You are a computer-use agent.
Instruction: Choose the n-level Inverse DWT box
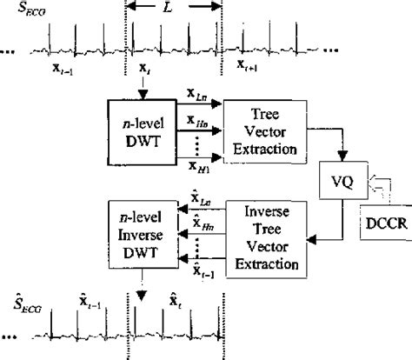[x=135, y=234]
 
